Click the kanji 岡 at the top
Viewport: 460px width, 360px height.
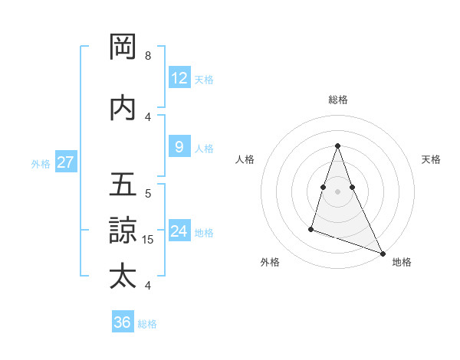pos(123,47)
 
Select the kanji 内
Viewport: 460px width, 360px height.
pos(123,108)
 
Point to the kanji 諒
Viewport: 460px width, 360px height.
pos(123,231)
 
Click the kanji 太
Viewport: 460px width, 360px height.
pos(123,276)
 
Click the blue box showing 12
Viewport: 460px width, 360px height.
pos(179,78)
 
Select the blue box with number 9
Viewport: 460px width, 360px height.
pos(179,147)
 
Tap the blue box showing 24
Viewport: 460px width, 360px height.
pos(179,231)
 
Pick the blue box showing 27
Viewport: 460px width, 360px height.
pos(66,162)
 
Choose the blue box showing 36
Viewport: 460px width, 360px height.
pos(123,322)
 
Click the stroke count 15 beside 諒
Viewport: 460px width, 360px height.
pos(149,240)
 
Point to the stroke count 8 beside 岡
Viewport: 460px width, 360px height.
pos(147,56)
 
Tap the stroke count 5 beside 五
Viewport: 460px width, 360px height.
pos(147,194)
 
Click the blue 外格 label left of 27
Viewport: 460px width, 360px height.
pos(41,163)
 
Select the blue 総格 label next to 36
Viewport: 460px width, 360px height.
pos(147,324)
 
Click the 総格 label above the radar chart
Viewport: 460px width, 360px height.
pos(338,100)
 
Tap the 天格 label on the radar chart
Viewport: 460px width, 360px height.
pos(431,159)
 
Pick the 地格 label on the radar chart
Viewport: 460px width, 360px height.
pos(402,262)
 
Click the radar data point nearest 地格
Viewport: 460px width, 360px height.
pos(383,253)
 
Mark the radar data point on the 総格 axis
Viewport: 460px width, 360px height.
pos(338,146)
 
